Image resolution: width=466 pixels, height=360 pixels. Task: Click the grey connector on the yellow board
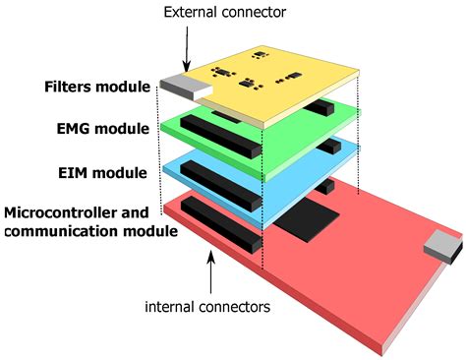point(179,89)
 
